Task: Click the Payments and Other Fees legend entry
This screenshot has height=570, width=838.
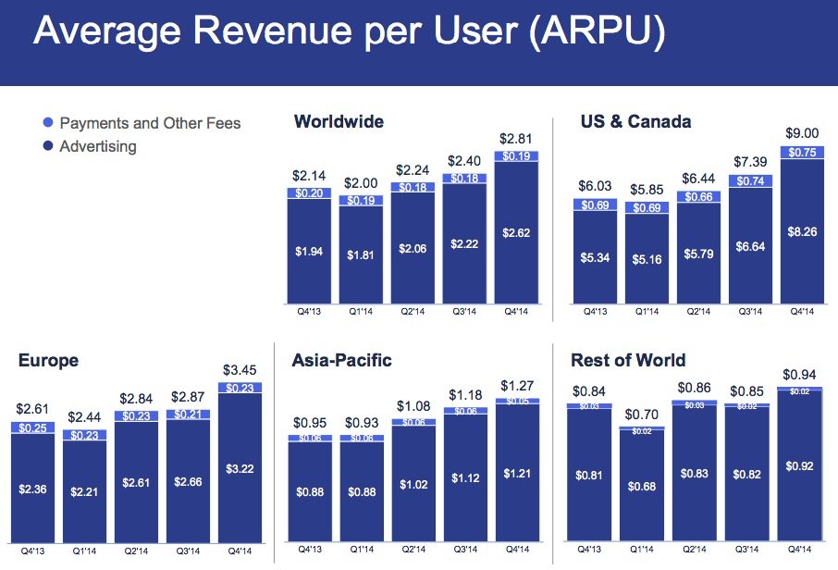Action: pos(149,123)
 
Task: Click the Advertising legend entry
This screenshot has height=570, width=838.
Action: pos(97,146)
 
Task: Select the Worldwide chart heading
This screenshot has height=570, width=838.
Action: pos(338,122)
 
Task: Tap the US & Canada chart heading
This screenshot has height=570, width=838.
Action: pos(635,122)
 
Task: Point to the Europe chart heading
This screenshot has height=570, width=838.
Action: pos(48,361)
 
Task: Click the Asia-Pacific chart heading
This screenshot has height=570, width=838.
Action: pos(340,361)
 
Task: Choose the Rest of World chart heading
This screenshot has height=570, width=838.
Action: pos(628,361)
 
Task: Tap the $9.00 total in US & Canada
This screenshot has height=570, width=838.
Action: pos(802,132)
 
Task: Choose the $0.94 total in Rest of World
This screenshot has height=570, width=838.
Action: pos(802,374)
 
